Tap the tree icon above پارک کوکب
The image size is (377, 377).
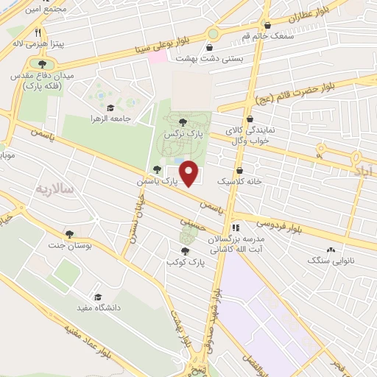pos(184,249)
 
